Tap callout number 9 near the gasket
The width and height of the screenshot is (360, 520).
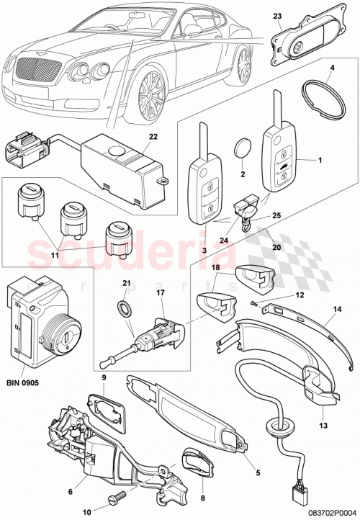pos(104,377)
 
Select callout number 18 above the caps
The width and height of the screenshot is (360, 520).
pos(215,267)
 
